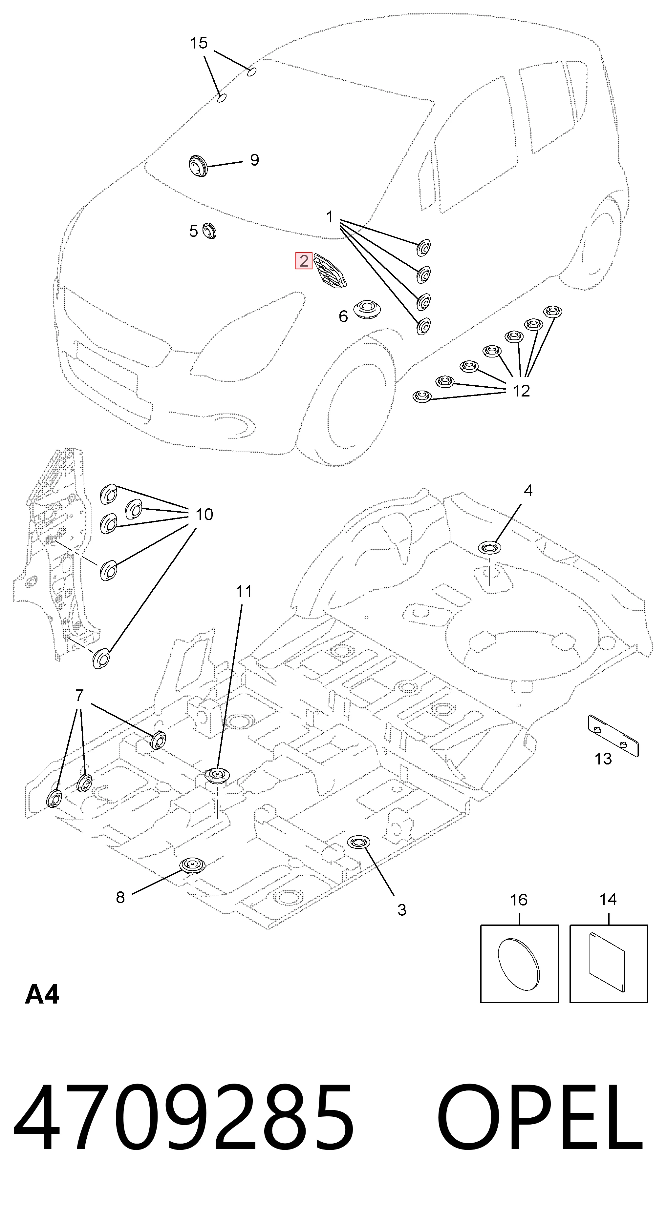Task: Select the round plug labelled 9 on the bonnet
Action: [196, 165]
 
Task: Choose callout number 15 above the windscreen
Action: [199, 43]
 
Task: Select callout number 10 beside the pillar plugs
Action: [204, 514]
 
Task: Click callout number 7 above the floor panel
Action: [79, 696]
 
